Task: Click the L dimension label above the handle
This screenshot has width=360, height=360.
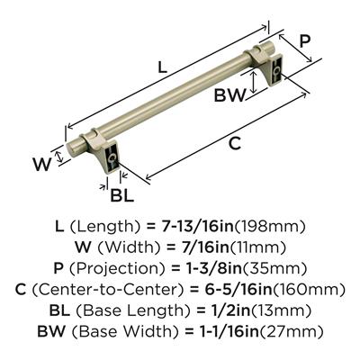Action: [162, 67]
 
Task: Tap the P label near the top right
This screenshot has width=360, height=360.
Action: [304, 41]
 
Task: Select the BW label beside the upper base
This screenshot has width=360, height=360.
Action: [229, 95]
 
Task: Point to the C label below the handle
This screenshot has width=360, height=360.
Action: [235, 143]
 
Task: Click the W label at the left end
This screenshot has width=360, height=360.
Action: [41, 164]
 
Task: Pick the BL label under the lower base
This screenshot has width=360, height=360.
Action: [121, 195]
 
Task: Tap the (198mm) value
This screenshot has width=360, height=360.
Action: [269, 227]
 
